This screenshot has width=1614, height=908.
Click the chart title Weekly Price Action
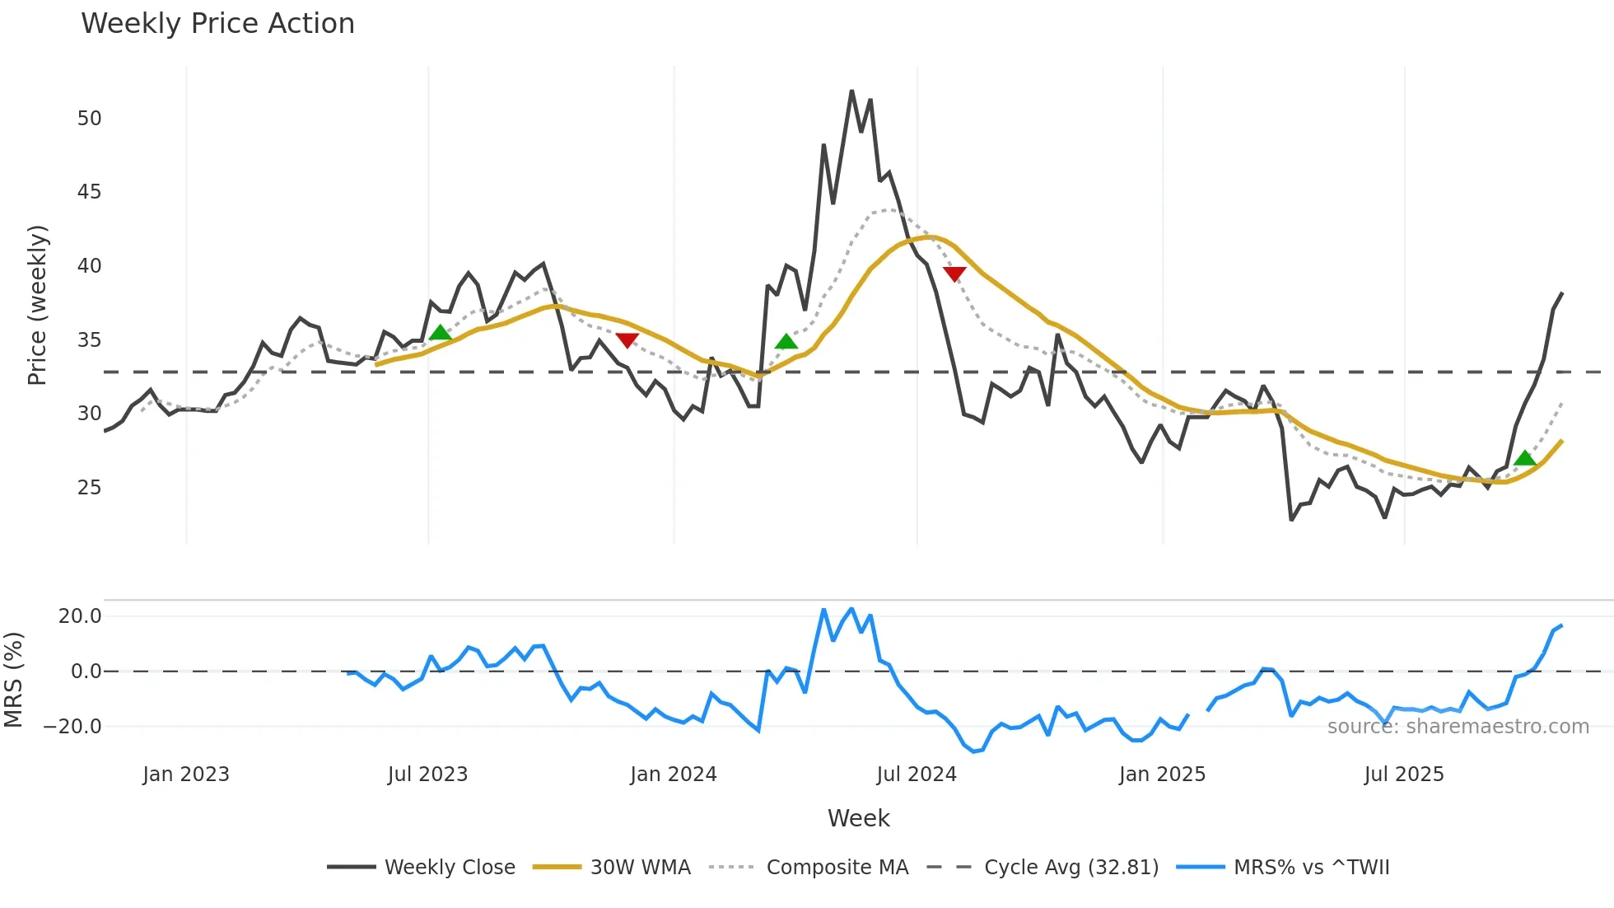click(217, 24)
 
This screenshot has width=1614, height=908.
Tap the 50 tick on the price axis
click(89, 119)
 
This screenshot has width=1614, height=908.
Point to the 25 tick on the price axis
click(89, 488)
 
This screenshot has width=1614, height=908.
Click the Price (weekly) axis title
click(37, 305)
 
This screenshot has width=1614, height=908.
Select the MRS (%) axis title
click(13, 680)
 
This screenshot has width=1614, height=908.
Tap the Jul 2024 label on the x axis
click(916, 775)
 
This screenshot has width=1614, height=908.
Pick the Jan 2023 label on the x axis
click(186, 775)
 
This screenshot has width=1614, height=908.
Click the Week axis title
click(858, 818)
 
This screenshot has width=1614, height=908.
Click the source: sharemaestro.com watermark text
click(1458, 727)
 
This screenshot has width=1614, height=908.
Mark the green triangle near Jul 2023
click(441, 333)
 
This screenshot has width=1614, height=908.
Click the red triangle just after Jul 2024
click(954, 274)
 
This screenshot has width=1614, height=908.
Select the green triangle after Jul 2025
click(1525, 459)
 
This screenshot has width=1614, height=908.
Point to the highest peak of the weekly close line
click(851, 91)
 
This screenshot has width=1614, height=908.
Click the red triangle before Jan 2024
click(627, 340)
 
